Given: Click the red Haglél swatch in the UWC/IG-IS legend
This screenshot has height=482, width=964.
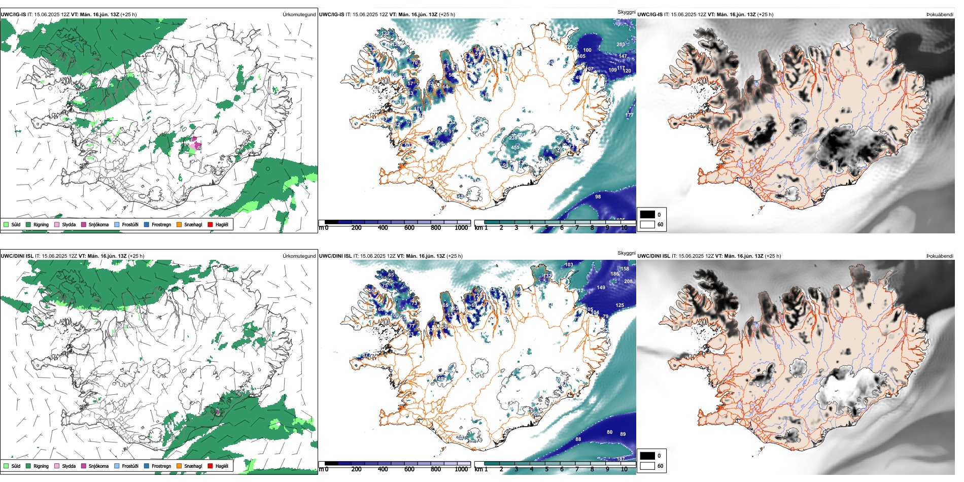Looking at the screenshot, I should [x=210, y=224].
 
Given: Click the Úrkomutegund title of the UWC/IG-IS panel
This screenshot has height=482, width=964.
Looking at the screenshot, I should [x=299, y=15].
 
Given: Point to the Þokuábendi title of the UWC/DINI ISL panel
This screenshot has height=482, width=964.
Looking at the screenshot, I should [x=940, y=256].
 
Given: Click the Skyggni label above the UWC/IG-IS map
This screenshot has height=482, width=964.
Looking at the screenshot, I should [x=626, y=12].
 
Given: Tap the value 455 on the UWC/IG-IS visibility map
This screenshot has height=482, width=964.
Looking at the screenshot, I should [x=515, y=148].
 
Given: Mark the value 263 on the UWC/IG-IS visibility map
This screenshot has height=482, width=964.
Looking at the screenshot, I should [x=621, y=45].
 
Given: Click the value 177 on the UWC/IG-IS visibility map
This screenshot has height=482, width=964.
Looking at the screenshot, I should [x=630, y=115].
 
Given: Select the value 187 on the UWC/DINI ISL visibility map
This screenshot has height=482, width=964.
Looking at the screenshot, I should [x=621, y=459].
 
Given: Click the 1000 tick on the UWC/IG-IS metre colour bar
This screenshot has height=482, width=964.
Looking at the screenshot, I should [x=461, y=228].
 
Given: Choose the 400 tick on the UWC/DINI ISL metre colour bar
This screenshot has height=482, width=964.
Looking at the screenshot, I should [x=383, y=469].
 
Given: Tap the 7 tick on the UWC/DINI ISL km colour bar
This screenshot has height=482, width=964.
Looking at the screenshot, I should [x=577, y=469].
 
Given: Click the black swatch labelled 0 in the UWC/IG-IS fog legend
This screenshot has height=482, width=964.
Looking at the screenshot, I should [x=647, y=215].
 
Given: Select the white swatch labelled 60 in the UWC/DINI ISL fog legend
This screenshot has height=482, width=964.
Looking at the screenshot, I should [x=647, y=466].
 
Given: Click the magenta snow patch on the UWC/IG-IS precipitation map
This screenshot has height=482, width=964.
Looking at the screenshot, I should [x=193, y=145].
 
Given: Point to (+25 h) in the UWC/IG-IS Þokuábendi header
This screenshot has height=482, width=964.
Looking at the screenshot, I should [x=765, y=15].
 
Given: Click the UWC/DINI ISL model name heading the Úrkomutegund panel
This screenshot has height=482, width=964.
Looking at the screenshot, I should [x=17, y=256].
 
